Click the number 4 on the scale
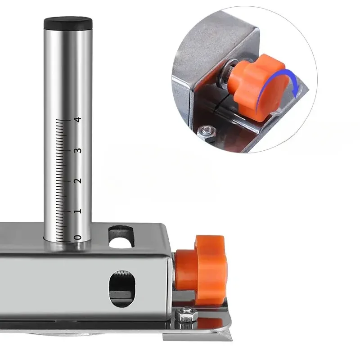tap(79, 120)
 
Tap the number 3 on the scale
tap(79, 150)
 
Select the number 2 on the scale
tap(79, 180)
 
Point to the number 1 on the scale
tap(79, 211)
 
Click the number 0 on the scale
tap(79, 238)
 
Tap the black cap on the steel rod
tap(68, 23)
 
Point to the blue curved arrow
tap(274, 81)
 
